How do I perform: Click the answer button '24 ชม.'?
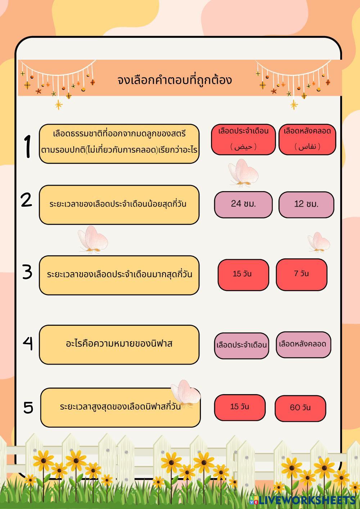(x=243, y=204)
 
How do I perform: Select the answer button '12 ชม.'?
(x=306, y=204)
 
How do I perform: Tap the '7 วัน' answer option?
(x=301, y=274)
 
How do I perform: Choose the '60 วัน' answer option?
(x=300, y=408)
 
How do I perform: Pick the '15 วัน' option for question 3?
(x=243, y=275)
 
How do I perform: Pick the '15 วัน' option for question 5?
(x=240, y=407)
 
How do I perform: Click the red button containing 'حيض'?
(x=243, y=140)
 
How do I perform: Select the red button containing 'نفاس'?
(x=307, y=140)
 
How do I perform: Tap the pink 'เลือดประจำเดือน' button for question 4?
(x=242, y=346)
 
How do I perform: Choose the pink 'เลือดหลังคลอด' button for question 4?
(x=303, y=344)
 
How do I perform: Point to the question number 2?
(x=27, y=200)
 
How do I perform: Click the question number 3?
(x=27, y=272)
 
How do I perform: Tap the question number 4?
(x=28, y=343)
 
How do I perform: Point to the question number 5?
(x=28, y=407)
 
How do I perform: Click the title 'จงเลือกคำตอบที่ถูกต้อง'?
(x=175, y=80)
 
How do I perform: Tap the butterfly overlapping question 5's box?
(x=185, y=394)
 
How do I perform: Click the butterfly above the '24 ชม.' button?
(x=244, y=173)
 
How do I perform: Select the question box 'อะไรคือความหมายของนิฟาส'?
(x=119, y=344)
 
